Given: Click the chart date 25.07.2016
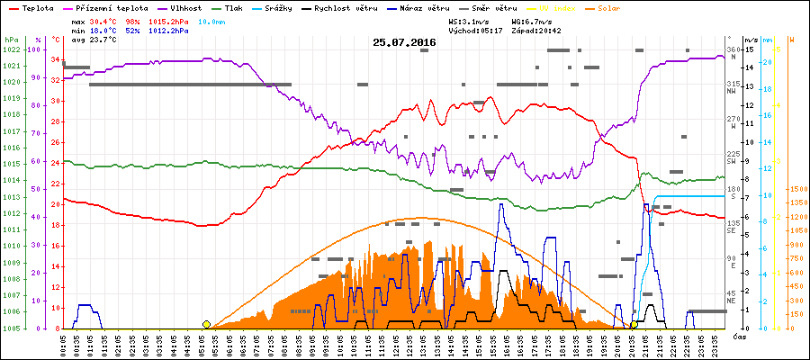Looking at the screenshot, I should pos(405,42).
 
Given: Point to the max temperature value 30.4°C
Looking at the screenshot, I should pos(105,21).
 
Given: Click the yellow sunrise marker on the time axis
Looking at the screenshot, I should pos(207,324).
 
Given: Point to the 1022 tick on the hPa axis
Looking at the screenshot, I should pos(11,49).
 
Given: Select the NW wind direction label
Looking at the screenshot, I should pos(733,90).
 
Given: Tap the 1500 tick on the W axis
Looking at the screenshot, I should pos(796,189).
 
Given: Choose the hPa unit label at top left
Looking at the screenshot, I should pos(11,40).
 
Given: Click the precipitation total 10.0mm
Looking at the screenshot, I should pos(212,21).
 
